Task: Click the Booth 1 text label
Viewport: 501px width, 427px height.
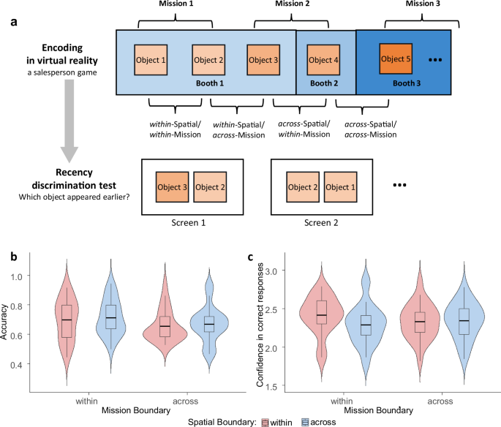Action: pos(208,83)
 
